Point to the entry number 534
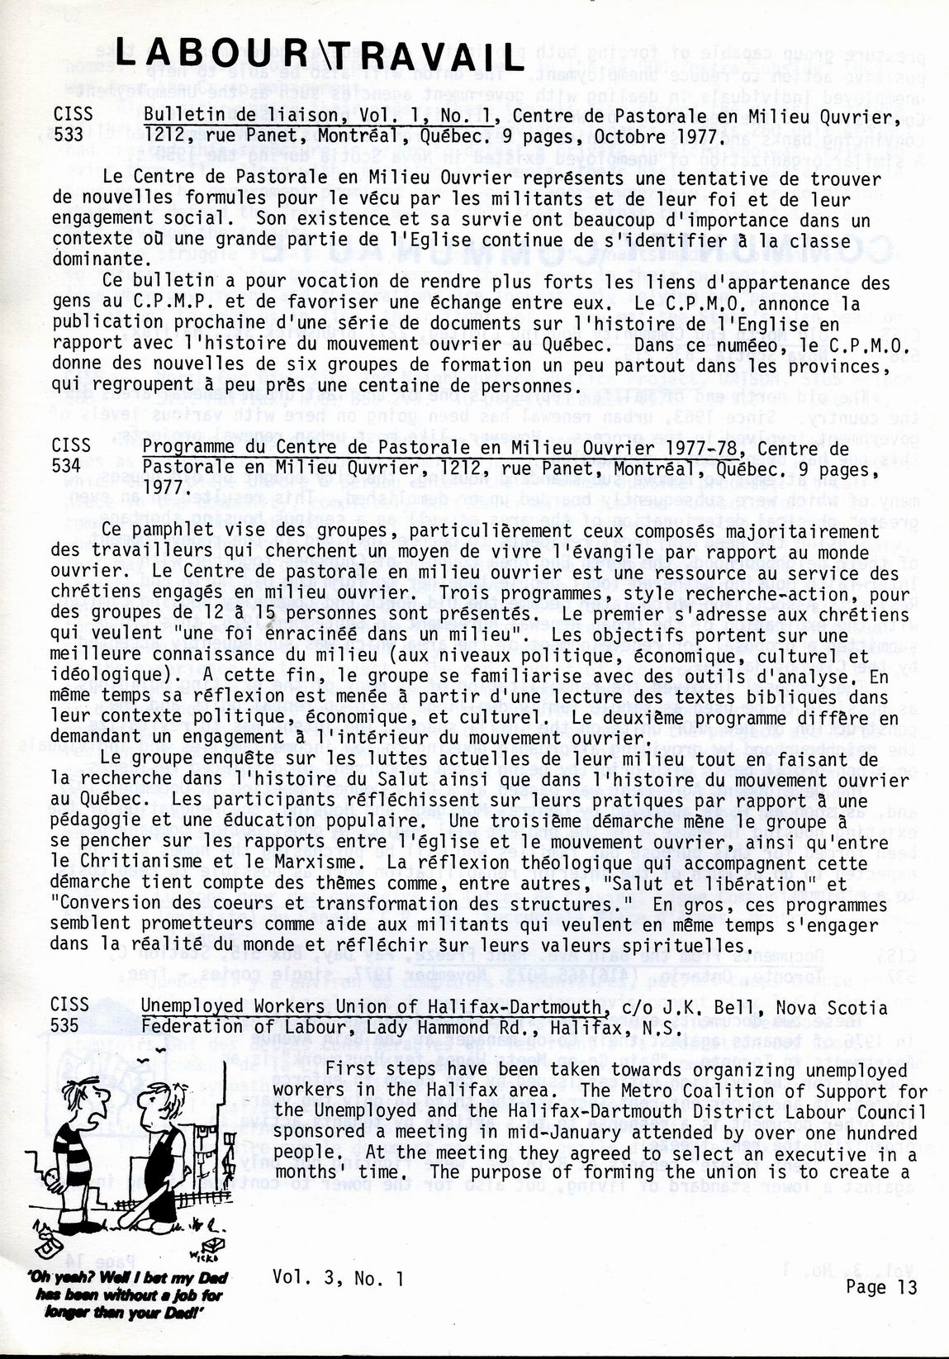click(x=67, y=467)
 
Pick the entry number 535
click(x=67, y=1026)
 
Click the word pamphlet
click(x=165, y=531)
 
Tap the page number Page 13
click(x=881, y=1286)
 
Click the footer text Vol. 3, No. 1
click(x=338, y=1278)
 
